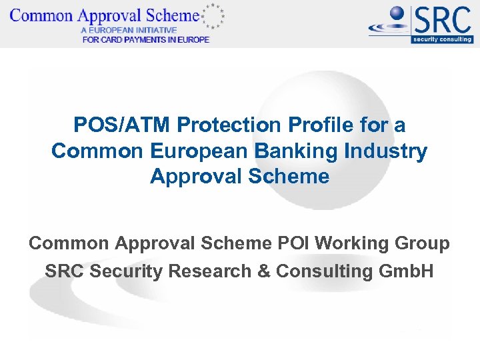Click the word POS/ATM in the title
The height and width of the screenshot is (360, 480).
coord(117,125)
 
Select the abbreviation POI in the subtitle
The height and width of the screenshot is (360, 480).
coord(292,244)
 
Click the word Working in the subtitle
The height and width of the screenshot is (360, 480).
coord(355,244)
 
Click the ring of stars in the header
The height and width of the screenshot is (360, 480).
coord(213,15)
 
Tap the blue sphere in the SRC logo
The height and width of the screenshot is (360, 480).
coord(398,14)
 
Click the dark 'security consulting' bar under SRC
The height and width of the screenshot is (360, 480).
coord(442,39)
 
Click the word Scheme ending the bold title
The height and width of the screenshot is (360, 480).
coord(297,177)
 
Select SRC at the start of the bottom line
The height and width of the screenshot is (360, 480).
coord(64,271)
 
